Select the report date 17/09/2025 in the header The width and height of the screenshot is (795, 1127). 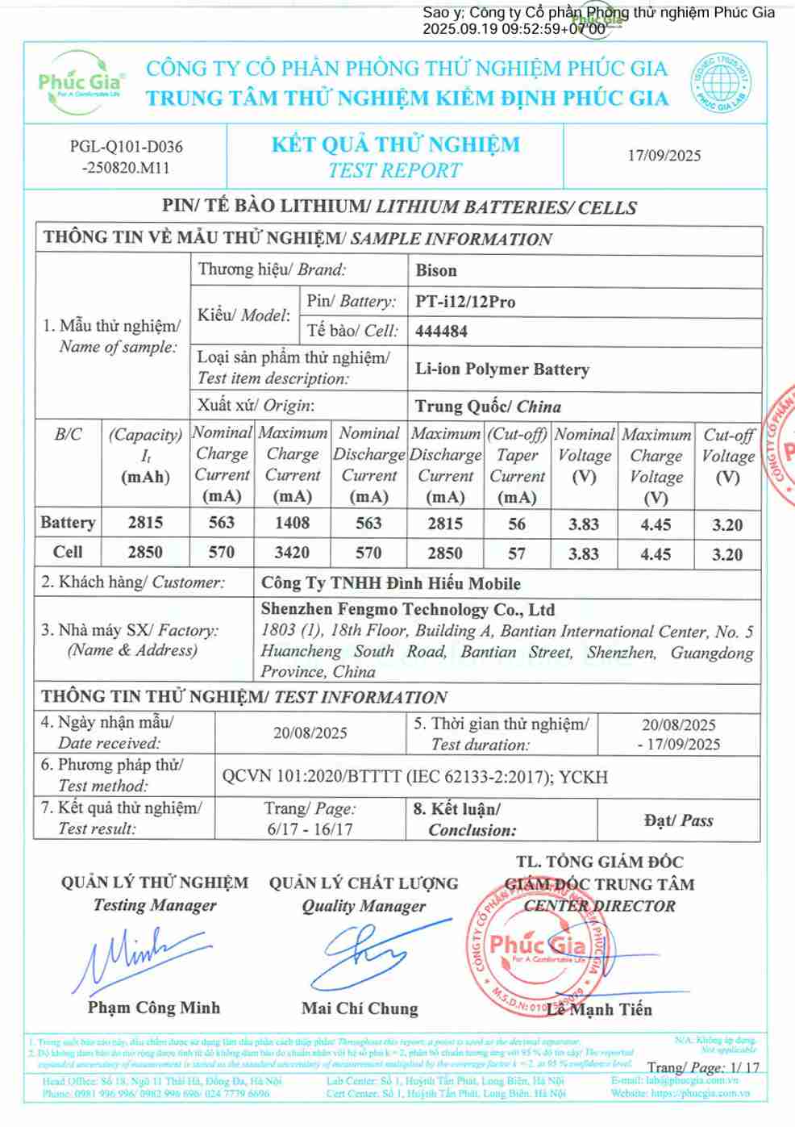coord(664,156)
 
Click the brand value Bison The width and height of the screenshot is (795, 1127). coord(436,270)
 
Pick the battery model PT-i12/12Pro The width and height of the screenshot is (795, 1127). coord(465,302)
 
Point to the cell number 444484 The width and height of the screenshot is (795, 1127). coord(441,331)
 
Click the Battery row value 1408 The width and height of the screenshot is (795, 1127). coord(292,523)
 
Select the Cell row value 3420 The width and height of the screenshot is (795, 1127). coord(292,553)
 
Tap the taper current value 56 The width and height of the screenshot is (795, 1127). coord(517,524)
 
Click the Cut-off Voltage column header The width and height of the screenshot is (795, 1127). coord(727,456)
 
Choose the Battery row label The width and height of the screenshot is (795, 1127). coord(68,523)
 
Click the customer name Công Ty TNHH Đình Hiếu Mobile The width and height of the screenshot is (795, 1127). coord(391,583)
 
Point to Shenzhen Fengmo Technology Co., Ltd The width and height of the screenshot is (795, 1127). coord(407,610)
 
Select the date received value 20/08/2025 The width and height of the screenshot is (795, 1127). coord(310,733)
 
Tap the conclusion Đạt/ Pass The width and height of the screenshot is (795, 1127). coord(678,820)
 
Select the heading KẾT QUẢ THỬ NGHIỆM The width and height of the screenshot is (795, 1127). coord(395,145)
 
